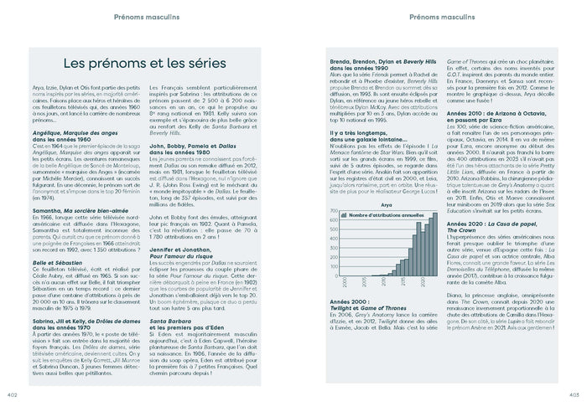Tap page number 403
point(574,394)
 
